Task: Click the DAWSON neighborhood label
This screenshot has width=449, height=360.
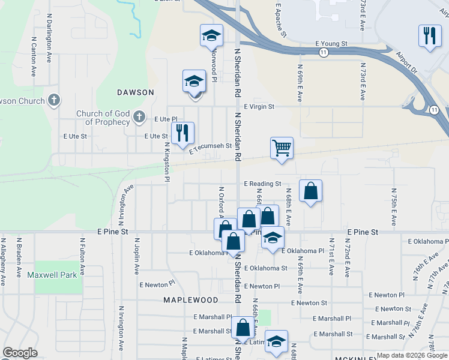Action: [x=136, y=92]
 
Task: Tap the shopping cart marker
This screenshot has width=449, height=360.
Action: [x=282, y=147]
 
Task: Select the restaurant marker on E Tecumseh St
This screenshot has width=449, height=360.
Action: [x=182, y=133]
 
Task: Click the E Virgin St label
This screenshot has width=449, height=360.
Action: [x=259, y=106]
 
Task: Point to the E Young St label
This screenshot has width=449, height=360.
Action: [x=331, y=44]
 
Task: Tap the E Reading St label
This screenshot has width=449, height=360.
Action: [x=262, y=184]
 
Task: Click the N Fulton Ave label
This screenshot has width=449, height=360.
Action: [x=82, y=256]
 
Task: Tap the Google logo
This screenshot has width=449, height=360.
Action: [x=20, y=353]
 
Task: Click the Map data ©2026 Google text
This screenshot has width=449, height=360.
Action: [x=411, y=355]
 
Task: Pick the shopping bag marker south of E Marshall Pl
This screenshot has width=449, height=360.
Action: [x=243, y=328]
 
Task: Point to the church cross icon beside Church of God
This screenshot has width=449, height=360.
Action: [x=139, y=116]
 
